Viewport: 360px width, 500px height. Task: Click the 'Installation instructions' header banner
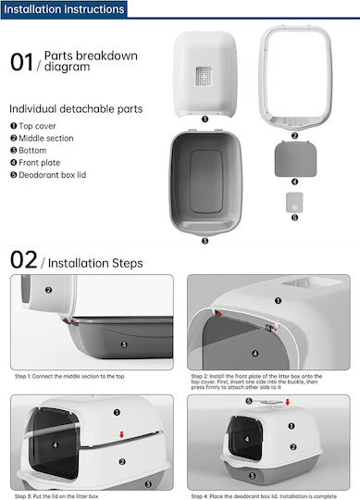[64, 9]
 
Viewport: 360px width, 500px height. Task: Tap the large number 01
[21, 62]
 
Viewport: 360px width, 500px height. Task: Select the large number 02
[23, 260]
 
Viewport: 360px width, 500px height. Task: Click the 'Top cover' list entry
[33, 126]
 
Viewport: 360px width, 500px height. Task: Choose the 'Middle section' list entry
[42, 138]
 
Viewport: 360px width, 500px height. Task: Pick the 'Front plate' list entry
[35, 163]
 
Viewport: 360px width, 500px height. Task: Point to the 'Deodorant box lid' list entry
[48, 175]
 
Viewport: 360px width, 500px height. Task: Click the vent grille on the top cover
[204, 76]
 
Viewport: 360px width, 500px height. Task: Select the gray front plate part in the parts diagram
[295, 159]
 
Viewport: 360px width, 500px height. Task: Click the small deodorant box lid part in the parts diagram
[294, 203]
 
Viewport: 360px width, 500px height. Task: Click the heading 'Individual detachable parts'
[76, 109]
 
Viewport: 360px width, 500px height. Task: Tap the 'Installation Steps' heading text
[95, 263]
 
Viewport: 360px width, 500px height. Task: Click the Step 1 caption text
[69, 376]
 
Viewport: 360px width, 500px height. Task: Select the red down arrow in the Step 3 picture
[121, 434]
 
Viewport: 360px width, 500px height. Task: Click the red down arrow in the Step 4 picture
[288, 402]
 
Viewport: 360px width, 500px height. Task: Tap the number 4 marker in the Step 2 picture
[255, 354]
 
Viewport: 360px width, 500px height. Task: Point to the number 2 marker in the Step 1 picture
[48, 290]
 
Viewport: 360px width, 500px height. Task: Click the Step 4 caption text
[264, 496]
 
